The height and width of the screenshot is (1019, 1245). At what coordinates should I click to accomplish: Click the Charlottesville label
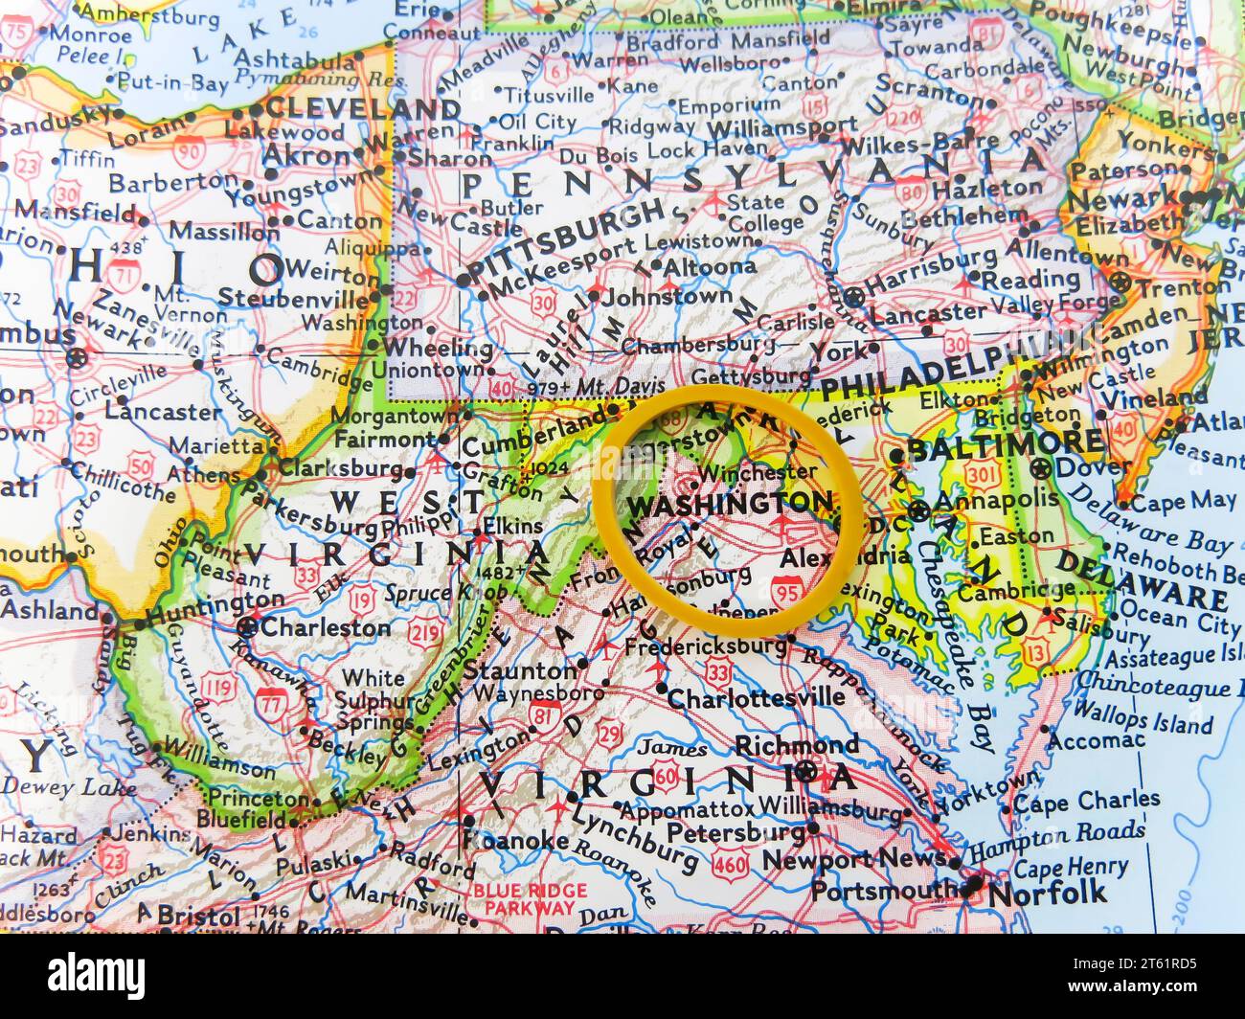tap(756, 698)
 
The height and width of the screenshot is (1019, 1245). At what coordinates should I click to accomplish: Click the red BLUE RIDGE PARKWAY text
tap(523, 898)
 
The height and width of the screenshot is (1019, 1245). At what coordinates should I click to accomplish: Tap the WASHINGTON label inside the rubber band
tap(729, 503)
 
